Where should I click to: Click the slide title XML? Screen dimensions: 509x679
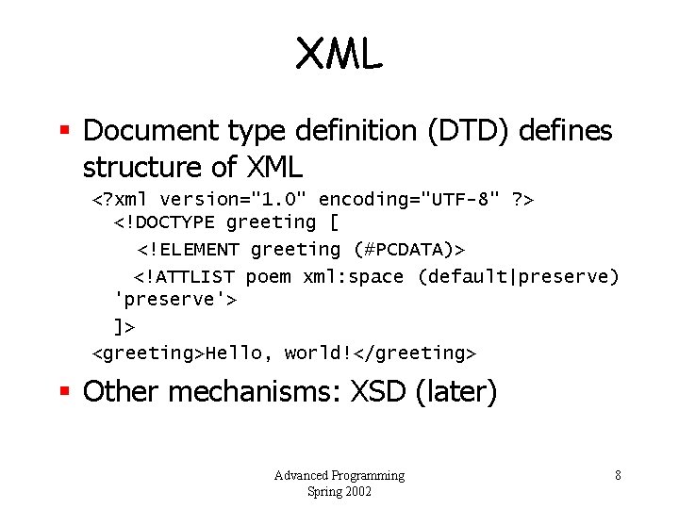point(339,55)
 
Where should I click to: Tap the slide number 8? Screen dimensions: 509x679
point(618,475)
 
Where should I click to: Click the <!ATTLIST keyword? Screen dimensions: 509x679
point(185,277)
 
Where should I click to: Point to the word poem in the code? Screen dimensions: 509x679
point(268,277)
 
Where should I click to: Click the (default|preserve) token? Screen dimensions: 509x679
point(518,277)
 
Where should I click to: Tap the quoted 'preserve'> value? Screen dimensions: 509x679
point(174,300)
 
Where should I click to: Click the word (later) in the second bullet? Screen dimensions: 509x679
point(455,391)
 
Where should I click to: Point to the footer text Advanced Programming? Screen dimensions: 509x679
point(339,475)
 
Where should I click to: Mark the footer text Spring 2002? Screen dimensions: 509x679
point(339,491)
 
